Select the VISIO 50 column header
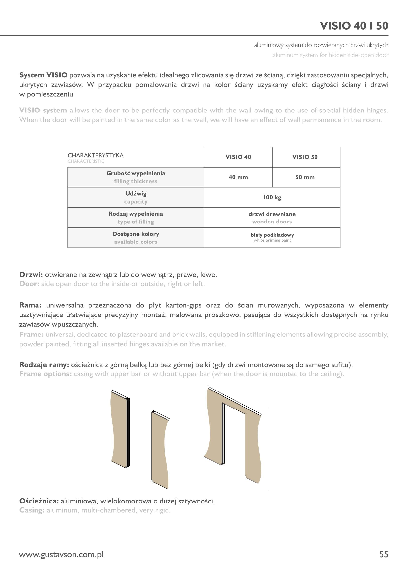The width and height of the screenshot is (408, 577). pos(305,157)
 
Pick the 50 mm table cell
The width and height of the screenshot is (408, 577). pos(305,177)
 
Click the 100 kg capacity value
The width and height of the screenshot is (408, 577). pos(272,197)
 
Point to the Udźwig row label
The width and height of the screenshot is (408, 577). pos(136,194)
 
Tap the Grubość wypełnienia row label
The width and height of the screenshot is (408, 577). pos(136,173)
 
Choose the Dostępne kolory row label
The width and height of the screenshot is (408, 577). pos(136,234)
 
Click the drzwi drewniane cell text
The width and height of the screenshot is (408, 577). pos(272,214)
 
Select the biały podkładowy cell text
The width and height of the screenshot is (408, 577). pos(272,235)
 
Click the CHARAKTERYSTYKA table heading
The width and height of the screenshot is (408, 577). pos(95,155)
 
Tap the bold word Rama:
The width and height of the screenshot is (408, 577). pos(30,305)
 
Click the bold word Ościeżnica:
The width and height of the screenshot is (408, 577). pos(39,501)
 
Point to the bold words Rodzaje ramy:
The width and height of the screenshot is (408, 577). pos(44,365)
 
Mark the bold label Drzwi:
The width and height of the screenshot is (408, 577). pos(31,275)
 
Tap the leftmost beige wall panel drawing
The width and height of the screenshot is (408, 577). pos(119,430)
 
